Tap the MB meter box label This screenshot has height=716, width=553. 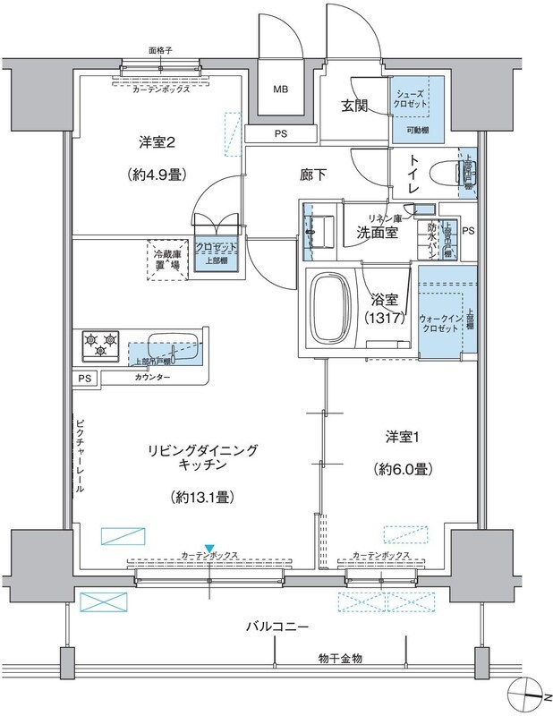pos(281,90)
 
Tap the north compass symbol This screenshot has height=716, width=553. pos(530,694)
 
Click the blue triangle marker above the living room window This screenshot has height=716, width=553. pos(209,548)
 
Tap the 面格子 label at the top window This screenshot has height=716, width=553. pos(161,52)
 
